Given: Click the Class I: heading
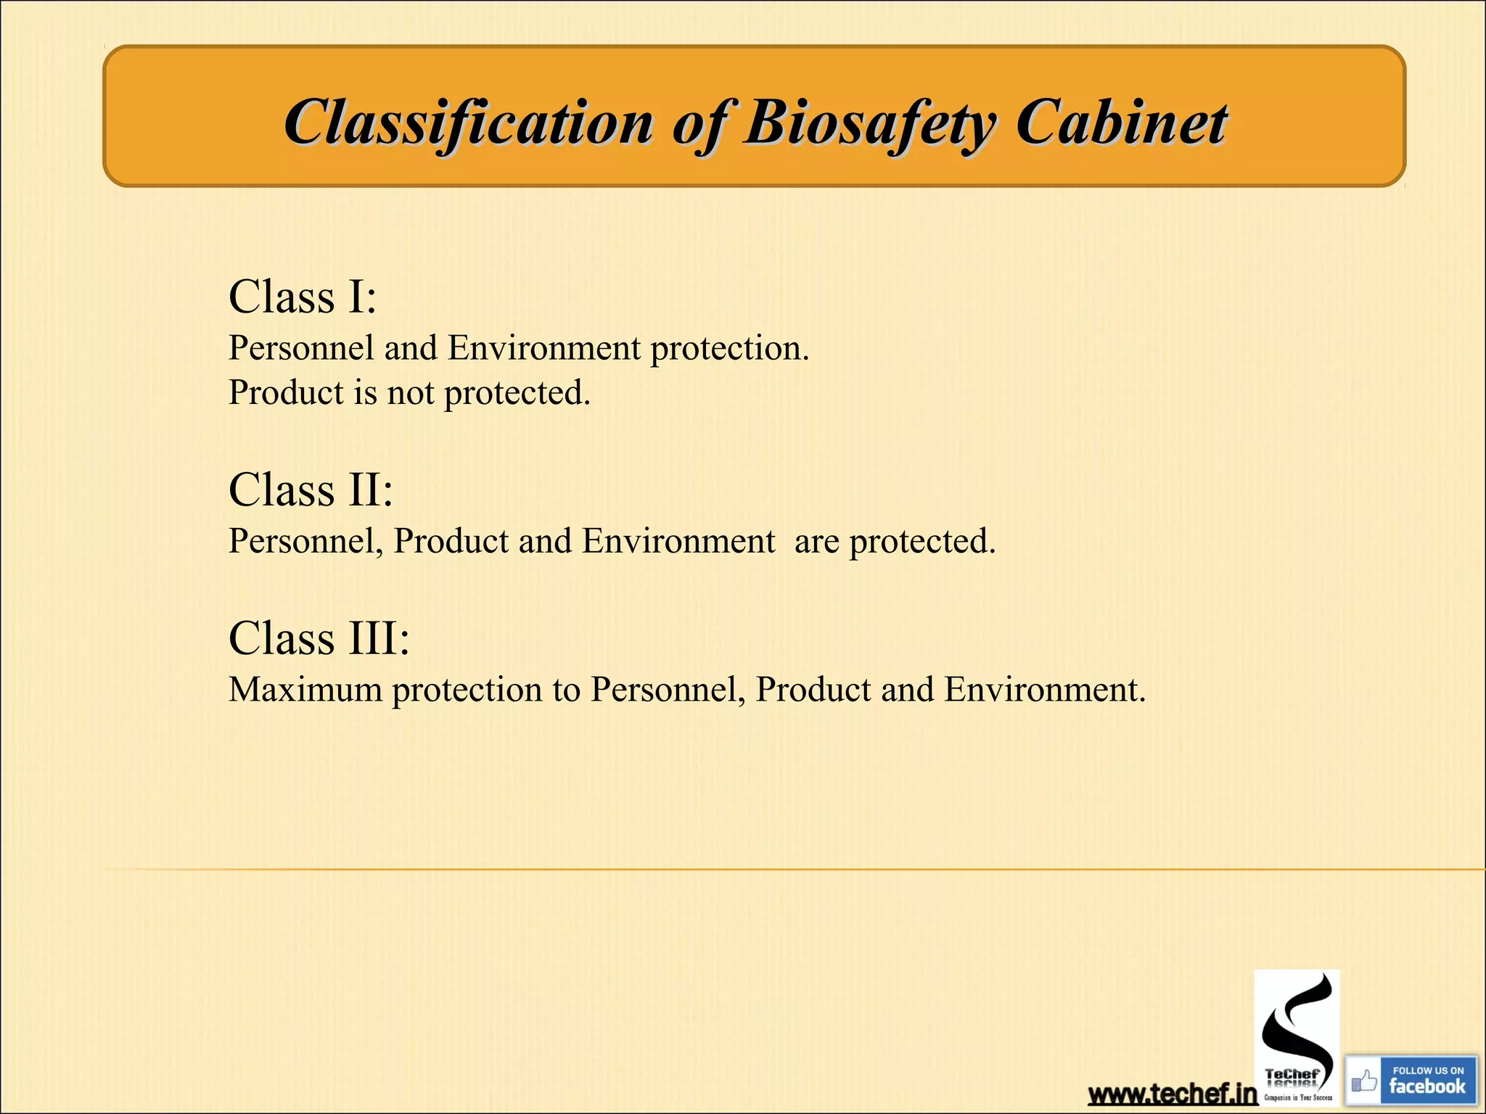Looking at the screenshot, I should tap(303, 297).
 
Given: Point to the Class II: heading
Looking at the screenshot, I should tap(311, 490).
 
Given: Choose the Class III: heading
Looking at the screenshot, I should tap(319, 638).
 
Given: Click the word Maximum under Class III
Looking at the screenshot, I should tap(305, 689).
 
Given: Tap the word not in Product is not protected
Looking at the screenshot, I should tap(410, 392).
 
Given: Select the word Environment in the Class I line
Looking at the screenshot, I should tap(544, 348).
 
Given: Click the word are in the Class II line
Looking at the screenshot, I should tap(816, 541).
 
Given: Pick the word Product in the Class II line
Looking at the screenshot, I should tap(451, 541).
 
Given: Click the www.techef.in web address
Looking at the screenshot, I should tap(1172, 1094).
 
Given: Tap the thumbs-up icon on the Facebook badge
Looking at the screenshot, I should tap(1364, 1082).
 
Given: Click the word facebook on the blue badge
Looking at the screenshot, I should tap(1427, 1086).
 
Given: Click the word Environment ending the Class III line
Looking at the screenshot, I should tap(1045, 689).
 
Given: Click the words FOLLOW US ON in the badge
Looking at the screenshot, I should tap(1428, 1070).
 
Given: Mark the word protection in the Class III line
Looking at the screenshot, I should tap(467, 689).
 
